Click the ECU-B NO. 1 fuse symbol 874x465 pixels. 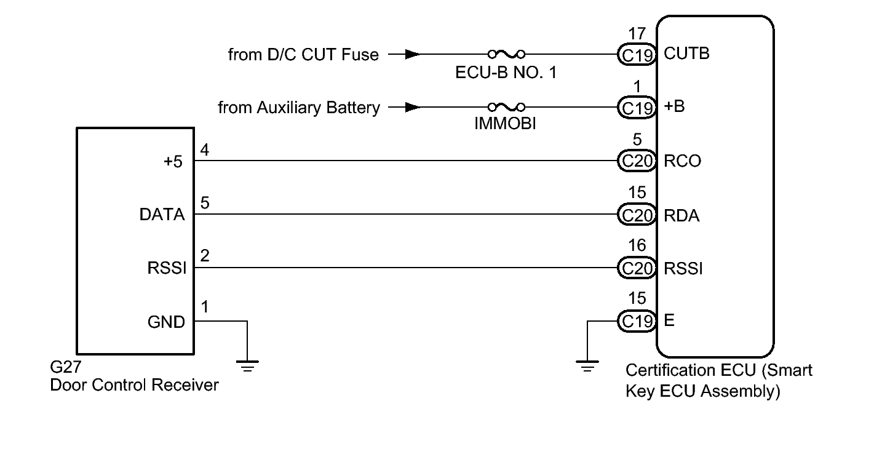tap(506, 54)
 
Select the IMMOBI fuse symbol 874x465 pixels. tap(506, 108)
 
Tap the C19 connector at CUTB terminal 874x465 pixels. tap(635, 54)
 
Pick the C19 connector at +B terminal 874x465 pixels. tap(635, 108)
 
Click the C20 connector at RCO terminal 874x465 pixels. tap(635, 161)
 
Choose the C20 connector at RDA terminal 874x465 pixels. tap(635, 215)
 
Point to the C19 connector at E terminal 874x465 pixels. tap(635, 321)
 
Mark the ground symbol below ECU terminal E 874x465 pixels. tap(588, 367)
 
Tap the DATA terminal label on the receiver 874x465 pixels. tap(162, 215)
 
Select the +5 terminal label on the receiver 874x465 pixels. tap(173, 161)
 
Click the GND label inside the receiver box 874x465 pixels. tap(167, 321)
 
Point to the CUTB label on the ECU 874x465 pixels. tap(687, 54)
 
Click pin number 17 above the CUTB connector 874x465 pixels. tap(637, 33)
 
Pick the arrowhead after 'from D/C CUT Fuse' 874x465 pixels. tap(413, 54)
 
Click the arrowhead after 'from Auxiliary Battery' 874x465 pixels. tap(413, 108)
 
